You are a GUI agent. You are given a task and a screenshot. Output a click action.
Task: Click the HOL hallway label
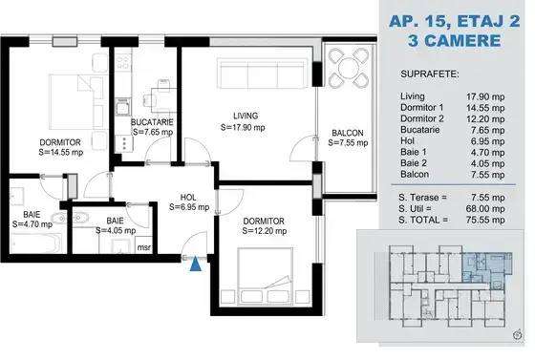tap(189, 195)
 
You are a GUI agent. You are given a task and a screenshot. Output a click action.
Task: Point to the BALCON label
tap(346, 133)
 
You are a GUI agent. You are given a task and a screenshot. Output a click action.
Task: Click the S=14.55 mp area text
tap(61, 150)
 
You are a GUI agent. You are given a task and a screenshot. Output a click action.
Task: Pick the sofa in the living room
tap(263, 74)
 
